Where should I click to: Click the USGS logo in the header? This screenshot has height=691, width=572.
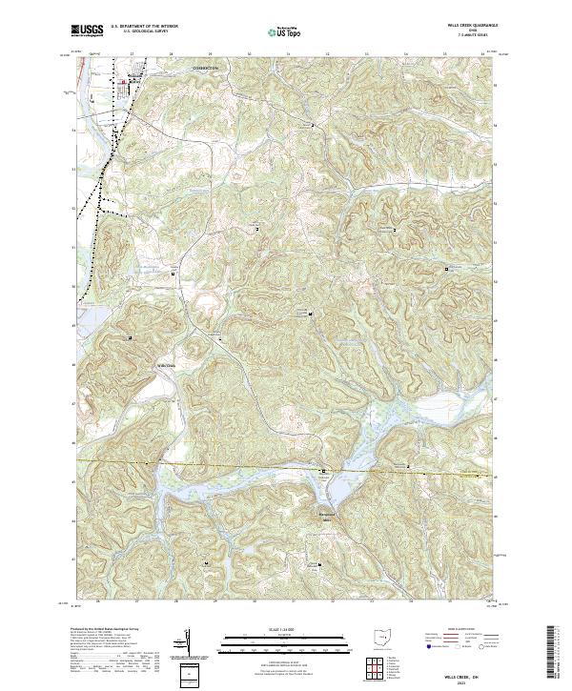[x=88, y=31]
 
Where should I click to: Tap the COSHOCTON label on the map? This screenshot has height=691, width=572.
[x=205, y=69]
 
